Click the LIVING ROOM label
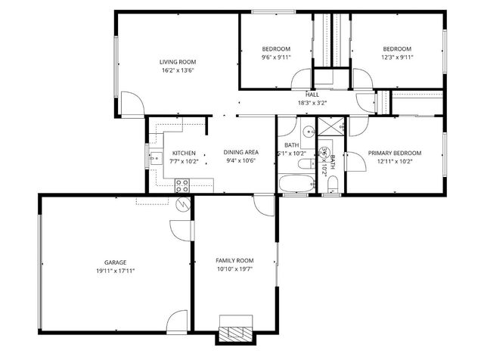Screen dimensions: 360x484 point(178,62)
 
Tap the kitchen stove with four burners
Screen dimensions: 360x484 point(182,184)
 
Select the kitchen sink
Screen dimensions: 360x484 point(155,158)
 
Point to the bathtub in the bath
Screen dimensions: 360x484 point(293,184)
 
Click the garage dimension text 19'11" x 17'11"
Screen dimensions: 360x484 point(115,270)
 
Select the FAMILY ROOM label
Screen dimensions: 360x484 point(234,260)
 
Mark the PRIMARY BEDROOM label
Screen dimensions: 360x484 point(395,153)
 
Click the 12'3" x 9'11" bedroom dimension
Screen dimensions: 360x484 point(396,57)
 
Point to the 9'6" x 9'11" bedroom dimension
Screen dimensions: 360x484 point(276,57)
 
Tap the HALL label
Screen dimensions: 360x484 point(312,95)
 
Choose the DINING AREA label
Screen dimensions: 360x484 point(241,153)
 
